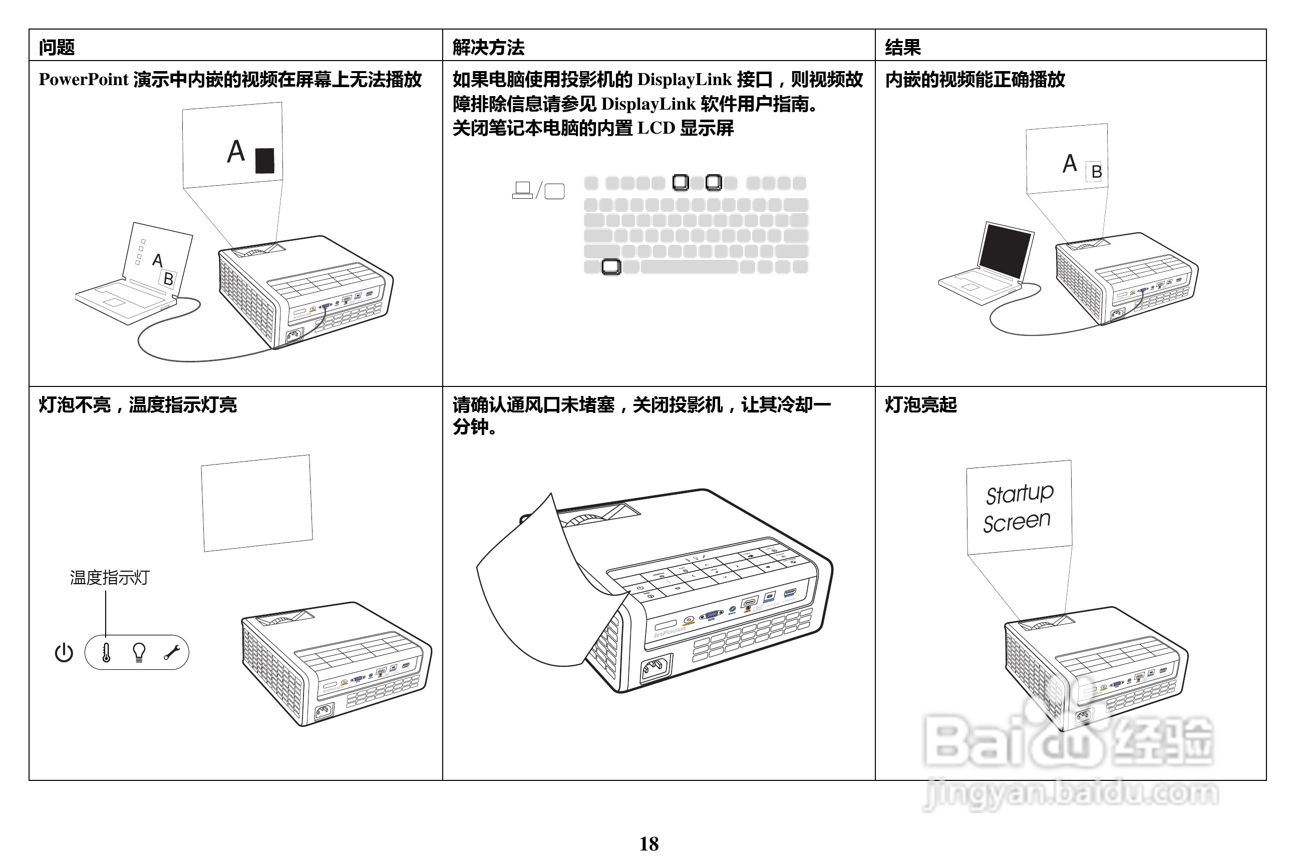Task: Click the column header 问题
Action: (56, 48)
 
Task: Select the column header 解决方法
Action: (488, 48)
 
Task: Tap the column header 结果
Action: (903, 48)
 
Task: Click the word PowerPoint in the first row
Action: (83, 80)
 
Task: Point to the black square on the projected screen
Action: (265, 161)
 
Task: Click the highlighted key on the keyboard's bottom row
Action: (611, 267)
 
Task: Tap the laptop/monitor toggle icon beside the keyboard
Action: (538, 190)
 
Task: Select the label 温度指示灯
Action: (109, 578)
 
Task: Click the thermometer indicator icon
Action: (106, 652)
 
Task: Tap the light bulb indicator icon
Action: (139, 652)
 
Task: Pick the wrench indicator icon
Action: (172, 653)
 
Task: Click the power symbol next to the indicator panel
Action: (64, 653)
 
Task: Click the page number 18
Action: (648, 844)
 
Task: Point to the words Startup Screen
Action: (1018, 508)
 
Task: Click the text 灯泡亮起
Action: (920, 405)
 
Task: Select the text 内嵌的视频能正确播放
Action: (975, 80)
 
